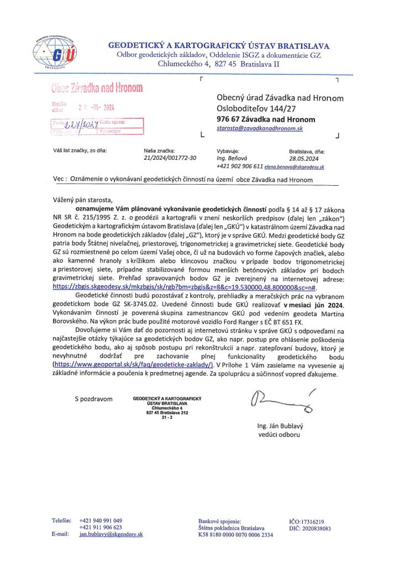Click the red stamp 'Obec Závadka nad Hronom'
click(x=97, y=88)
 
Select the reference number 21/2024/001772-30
click(x=170, y=158)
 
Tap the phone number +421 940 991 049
click(x=101, y=521)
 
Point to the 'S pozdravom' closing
click(x=93, y=399)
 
